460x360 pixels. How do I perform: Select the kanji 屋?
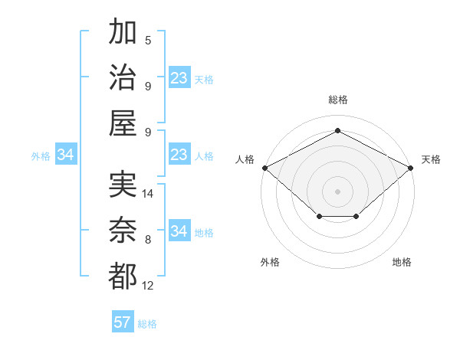[123, 123]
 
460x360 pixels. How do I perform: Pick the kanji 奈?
[123, 231]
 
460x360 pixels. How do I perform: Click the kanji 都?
[123, 277]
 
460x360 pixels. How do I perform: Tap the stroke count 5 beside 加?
[148, 41]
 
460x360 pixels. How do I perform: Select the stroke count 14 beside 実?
[149, 195]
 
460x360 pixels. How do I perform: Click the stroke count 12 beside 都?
[149, 286]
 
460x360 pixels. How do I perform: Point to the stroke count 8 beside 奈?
[148, 240]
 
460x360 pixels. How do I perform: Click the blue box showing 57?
[123, 322]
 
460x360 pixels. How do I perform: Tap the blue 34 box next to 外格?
[65, 155]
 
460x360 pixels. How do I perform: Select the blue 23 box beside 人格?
[179, 155]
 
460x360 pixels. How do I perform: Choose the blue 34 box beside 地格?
[179, 231]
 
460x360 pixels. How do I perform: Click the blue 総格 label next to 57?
[147, 324]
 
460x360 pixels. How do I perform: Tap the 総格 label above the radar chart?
[338, 100]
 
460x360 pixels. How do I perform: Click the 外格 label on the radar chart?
[270, 262]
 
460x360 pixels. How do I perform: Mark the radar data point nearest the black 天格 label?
[412, 167]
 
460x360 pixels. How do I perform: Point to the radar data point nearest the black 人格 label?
[264, 167]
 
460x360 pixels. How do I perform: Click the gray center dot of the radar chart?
[338, 191]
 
